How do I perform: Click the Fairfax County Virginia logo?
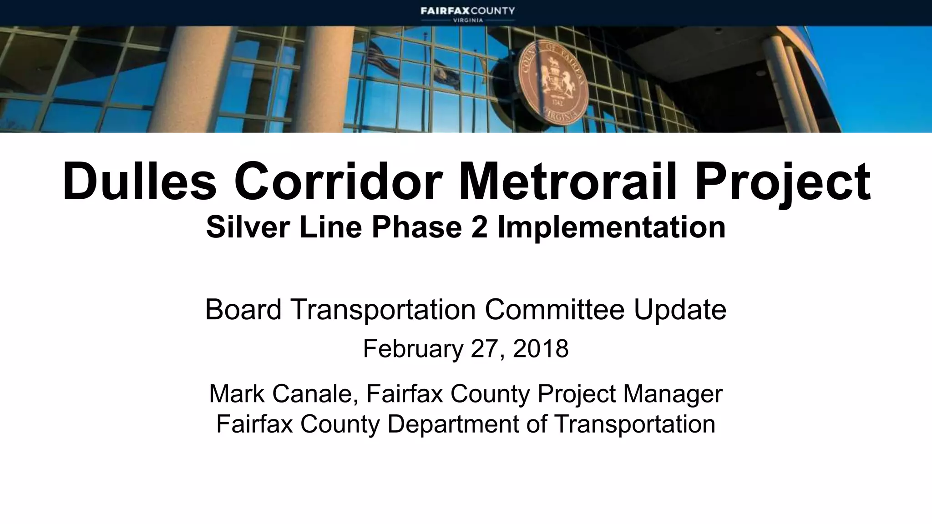467,14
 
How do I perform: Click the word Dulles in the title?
139,181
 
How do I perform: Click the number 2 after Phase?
479,227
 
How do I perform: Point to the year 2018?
541,349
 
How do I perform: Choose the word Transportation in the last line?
634,424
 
